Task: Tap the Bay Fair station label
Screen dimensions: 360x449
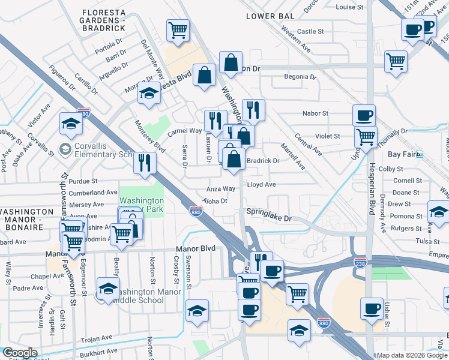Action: click(x=403, y=154)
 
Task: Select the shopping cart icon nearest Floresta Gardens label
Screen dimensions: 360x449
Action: click(x=178, y=29)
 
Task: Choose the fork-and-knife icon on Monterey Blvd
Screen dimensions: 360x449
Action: click(x=145, y=163)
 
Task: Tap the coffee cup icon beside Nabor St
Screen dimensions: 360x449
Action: click(x=364, y=115)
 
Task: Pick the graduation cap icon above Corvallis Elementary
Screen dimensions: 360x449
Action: click(x=71, y=124)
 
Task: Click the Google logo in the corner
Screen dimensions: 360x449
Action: click(x=20, y=352)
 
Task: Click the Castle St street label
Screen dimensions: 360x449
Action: click(x=310, y=31)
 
